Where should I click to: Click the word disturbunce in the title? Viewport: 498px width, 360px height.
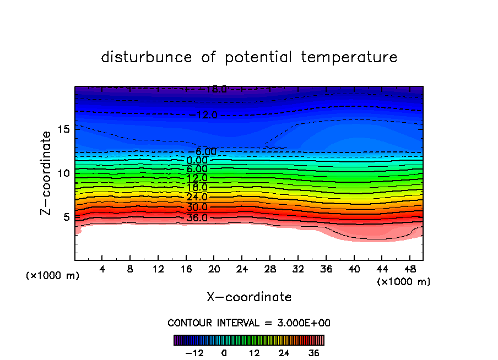[x=147, y=57]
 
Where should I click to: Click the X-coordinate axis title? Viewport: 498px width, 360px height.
[x=249, y=297]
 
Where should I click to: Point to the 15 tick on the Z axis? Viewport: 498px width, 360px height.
[x=63, y=129]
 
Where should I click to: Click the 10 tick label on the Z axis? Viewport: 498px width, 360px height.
[x=63, y=173]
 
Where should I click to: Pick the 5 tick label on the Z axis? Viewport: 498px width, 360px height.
[x=66, y=217]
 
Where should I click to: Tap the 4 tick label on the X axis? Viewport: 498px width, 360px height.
[x=102, y=269]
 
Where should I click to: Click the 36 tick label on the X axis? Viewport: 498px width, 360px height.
[x=325, y=269]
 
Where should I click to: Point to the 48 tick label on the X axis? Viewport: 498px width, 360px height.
[x=409, y=269]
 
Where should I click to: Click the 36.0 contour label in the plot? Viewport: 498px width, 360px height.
[x=197, y=217]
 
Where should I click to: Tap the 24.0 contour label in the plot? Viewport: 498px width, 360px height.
[x=197, y=197]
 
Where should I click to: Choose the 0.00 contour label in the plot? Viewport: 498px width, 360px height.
[x=197, y=160]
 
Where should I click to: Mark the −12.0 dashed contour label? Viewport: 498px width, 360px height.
[x=207, y=115]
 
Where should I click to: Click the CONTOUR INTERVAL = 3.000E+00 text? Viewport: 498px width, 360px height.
[x=249, y=323]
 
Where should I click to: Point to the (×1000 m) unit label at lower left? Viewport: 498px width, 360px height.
[x=53, y=276]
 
